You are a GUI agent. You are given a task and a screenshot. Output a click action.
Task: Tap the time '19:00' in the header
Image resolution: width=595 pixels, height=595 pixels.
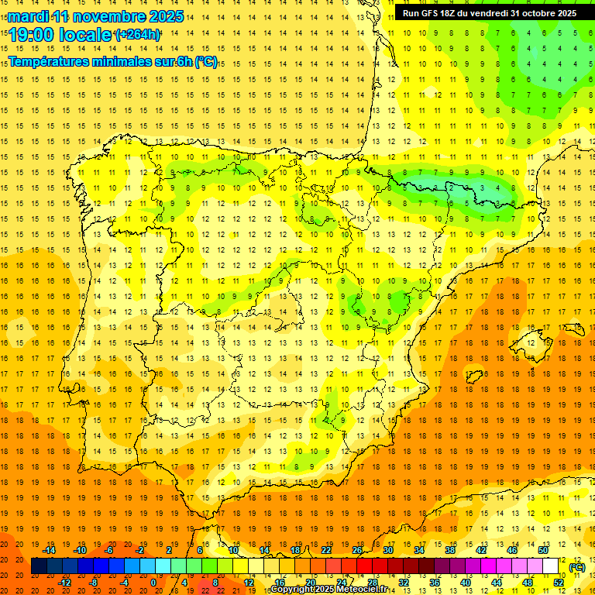36,35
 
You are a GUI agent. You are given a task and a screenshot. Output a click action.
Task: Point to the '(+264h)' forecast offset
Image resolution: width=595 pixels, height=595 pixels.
138,35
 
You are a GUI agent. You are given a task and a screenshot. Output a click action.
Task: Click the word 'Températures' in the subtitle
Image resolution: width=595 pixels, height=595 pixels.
53,61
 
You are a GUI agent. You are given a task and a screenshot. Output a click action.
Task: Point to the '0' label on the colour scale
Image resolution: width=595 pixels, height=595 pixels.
153,583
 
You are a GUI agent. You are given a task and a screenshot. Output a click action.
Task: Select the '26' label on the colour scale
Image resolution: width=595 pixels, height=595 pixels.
357,550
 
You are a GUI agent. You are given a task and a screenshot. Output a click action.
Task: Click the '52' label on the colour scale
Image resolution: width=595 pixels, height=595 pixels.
559,583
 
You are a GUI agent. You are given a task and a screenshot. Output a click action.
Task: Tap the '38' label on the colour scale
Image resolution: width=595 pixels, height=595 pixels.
450,550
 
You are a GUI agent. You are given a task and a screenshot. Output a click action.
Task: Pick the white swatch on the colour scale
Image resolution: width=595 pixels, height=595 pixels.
551,566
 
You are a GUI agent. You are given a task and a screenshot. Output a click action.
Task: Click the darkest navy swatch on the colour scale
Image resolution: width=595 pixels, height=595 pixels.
39,566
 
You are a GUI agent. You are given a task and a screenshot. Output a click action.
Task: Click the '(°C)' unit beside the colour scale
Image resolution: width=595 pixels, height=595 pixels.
577,567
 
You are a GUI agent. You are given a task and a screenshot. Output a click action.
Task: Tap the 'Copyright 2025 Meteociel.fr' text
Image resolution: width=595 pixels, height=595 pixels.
328,590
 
